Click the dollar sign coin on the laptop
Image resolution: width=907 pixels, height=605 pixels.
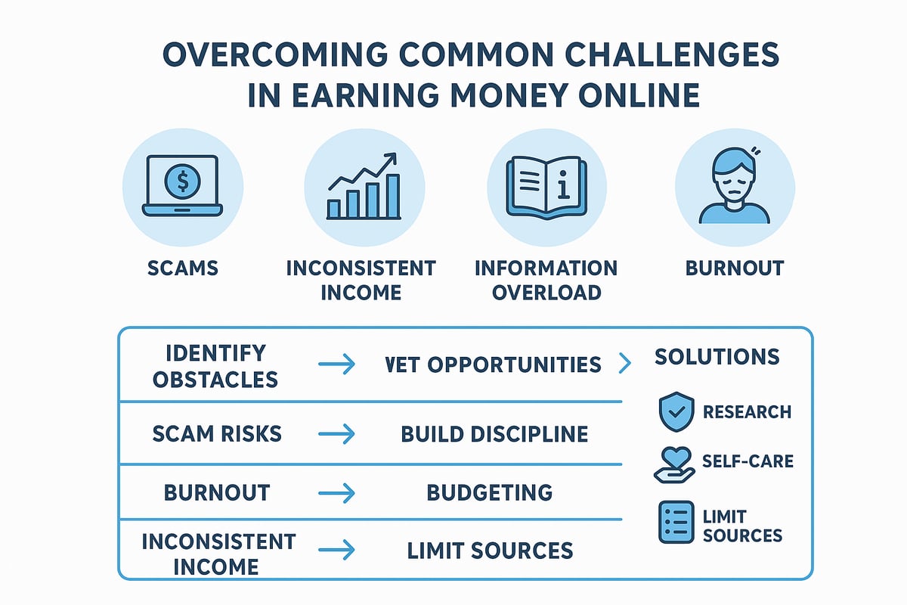[x=182, y=181]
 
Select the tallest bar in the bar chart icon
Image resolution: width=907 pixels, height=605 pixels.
[x=393, y=197]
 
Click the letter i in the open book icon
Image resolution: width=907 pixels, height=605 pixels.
[x=563, y=185]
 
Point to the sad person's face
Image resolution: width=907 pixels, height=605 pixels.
[x=734, y=185]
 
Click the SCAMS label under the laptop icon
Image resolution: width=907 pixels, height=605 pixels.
[x=183, y=268]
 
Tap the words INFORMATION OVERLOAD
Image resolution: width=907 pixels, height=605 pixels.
[x=546, y=281]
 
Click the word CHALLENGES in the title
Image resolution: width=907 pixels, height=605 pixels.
[x=672, y=54]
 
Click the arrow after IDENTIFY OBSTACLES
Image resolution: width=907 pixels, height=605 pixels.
[x=337, y=364]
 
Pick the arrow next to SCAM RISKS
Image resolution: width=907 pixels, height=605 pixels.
[x=337, y=434]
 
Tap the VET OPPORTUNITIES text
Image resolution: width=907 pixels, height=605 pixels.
[x=493, y=365]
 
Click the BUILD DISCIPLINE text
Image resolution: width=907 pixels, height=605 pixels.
[x=494, y=434]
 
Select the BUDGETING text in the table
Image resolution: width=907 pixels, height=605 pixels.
[x=490, y=493]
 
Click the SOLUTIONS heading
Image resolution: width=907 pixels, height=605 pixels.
[x=717, y=357]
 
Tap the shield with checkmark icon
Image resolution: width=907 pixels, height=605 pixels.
[x=676, y=411]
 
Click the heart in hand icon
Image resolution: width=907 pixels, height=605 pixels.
[x=674, y=465]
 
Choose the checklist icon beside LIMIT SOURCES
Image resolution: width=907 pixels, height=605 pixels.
[x=676, y=522]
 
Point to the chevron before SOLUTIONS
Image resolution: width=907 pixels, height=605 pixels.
[x=625, y=363]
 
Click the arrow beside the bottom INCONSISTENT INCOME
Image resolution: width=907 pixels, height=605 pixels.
[x=337, y=550]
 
